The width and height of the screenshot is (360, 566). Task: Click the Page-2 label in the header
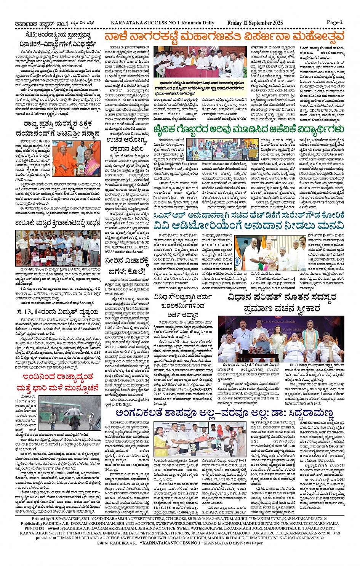click(x=334, y=22)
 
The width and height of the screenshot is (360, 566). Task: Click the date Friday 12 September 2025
click(x=255, y=23)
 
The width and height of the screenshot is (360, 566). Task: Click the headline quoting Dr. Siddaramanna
click(x=225, y=414)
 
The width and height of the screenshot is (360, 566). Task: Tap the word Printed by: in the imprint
click(x=41, y=519)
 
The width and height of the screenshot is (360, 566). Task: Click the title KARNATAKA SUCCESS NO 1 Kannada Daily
click(x=162, y=23)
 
